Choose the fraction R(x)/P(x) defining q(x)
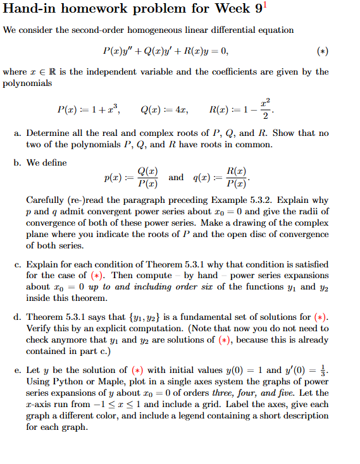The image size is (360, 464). [233, 178]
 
